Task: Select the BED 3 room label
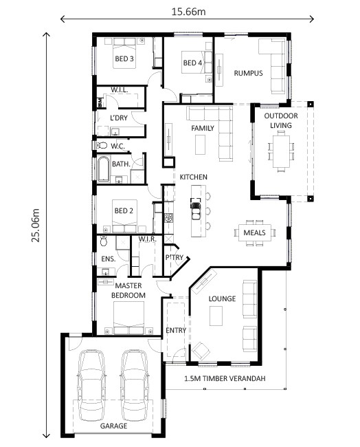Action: pyautogui.click(x=124, y=59)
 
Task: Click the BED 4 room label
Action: pyautogui.click(x=192, y=63)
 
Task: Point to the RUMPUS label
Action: pyautogui.click(x=248, y=74)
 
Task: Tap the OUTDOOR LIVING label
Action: pyautogui.click(x=281, y=120)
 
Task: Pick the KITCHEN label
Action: pyautogui.click(x=194, y=177)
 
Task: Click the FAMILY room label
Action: pyautogui.click(x=203, y=129)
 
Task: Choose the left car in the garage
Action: pyautogui.click(x=93, y=385)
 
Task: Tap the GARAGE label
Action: pyautogui.click(x=114, y=426)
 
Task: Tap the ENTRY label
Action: pyautogui.click(x=176, y=330)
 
